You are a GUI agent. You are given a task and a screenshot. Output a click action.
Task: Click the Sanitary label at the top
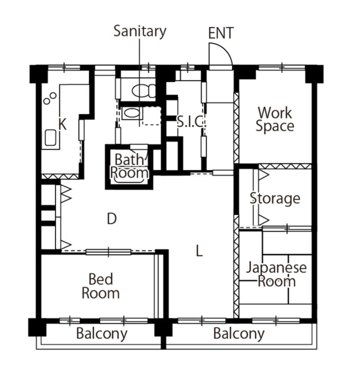pos(140,32)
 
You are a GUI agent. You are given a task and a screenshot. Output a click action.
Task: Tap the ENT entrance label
pos(221,33)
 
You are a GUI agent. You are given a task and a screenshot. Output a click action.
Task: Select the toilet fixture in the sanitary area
pos(144,91)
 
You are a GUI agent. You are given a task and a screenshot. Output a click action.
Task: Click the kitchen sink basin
pos(50,138)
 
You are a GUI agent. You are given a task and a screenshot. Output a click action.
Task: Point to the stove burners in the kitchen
pos(50,98)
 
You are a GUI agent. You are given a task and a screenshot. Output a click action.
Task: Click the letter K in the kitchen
pos(62,124)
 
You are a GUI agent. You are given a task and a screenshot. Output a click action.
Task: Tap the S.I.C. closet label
pos(191,121)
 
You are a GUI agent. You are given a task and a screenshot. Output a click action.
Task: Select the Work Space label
pos(275,119)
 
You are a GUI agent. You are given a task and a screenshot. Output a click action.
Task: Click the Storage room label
pos(275,199)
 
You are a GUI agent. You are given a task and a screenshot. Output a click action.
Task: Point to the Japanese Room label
pos(276,274)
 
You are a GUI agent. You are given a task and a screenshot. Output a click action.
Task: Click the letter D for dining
pos(112,219)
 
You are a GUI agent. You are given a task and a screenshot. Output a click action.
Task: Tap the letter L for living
pos(199,251)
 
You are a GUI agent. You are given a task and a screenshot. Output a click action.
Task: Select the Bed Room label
pos(101,286)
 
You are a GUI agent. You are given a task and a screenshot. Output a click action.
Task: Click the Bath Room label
pos(129,166)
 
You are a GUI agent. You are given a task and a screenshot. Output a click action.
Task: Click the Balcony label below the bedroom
pos(102,334)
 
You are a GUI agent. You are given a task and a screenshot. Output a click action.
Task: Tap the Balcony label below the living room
pos(239,334)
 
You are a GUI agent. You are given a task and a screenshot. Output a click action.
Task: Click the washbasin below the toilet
pos(131,113)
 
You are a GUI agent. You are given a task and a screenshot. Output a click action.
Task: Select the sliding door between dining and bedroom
pos(109,252)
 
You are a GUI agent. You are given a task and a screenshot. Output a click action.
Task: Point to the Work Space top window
pos(282,67)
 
